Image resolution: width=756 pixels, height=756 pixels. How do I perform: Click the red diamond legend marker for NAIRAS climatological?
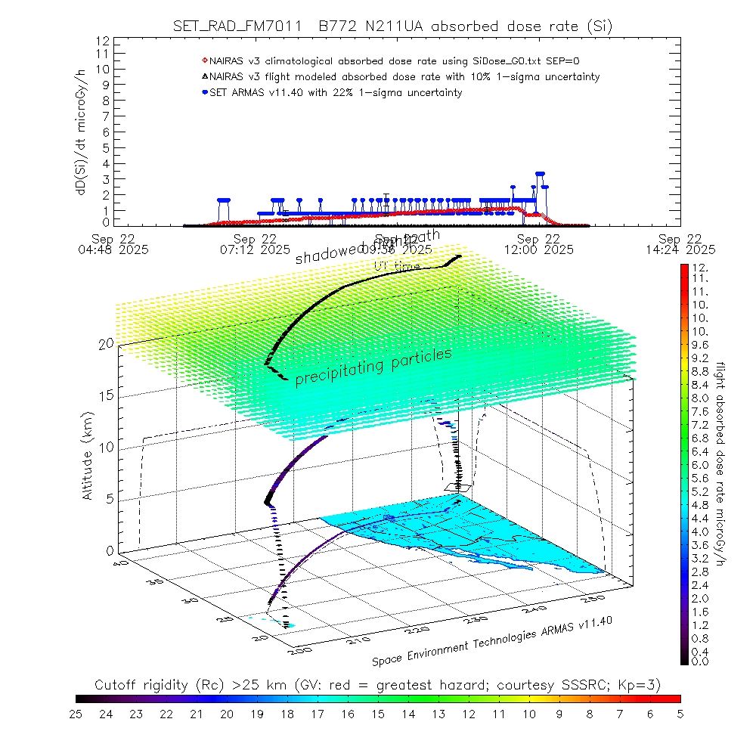pyautogui.click(x=204, y=60)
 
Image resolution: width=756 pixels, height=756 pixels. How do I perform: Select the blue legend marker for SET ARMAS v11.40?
pyautogui.click(x=204, y=92)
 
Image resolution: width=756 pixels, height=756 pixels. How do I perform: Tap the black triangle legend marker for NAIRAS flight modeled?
pyautogui.click(x=204, y=76)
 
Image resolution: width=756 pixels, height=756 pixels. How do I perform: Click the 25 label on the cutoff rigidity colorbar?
pyautogui.click(x=76, y=713)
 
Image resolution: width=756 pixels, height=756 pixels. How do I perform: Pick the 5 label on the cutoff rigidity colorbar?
pyautogui.click(x=680, y=713)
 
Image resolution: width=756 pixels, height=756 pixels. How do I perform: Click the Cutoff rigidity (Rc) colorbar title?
pyautogui.click(x=378, y=685)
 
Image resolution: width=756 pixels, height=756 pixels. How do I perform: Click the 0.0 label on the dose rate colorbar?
pyautogui.click(x=700, y=661)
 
